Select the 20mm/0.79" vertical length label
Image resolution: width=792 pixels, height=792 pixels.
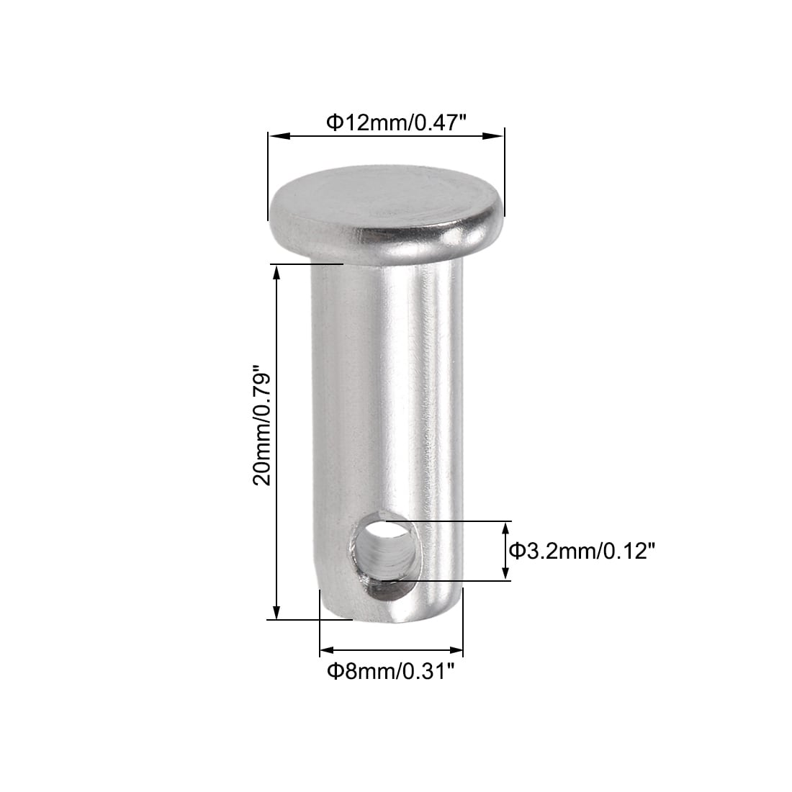(262, 428)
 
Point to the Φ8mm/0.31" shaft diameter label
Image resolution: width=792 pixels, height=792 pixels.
(391, 672)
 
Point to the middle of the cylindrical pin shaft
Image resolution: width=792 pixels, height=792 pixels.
(389, 403)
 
